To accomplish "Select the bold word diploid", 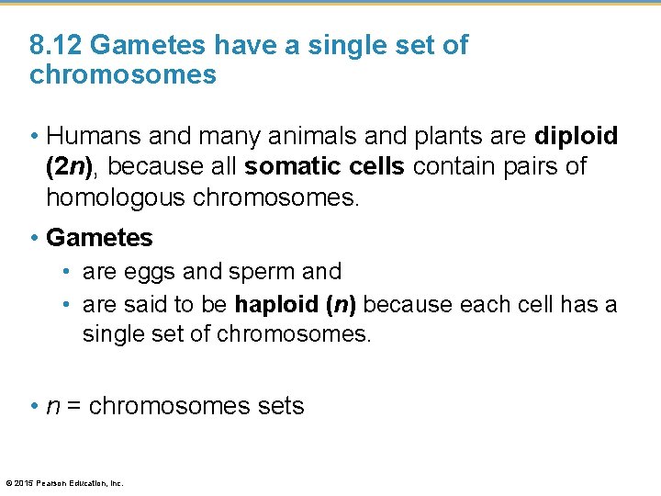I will click(x=577, y=136).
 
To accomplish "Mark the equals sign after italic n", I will click(x=72, y=406).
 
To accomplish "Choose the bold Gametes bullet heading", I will click(x=99, y=238).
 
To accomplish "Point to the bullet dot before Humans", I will click(x=34, y=137).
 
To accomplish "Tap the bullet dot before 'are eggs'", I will click(x=69, y=273).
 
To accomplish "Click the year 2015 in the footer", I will click(x=22, y=483).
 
